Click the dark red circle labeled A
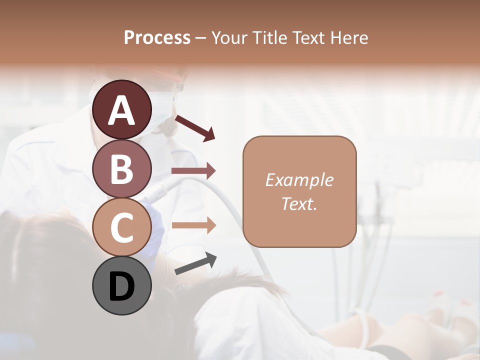[x=121, y=109]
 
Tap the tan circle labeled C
[x=121, y=227]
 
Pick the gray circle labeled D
[x=121, y=285]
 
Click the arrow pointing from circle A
[x=195, y=127]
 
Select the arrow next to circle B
[x=193, y=171]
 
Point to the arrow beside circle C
[x=193, y=225]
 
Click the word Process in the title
[x=157, y=37]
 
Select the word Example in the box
[x=299, y=180]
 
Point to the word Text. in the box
[x=299, y=203]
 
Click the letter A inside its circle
[x=121, y=110]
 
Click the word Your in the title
[x=228, y=37]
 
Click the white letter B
[x=121, y=169]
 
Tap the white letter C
[x=121, y=227]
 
